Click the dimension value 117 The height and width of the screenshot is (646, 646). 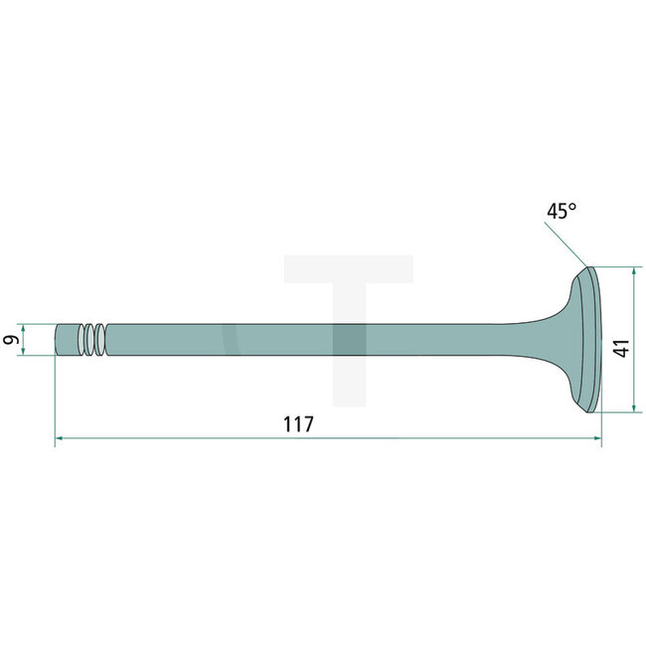coord(298,423)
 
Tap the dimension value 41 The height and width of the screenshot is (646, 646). coord(621,349)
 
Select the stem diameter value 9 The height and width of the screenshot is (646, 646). coord(11,340)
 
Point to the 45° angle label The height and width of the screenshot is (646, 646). coord(561,211)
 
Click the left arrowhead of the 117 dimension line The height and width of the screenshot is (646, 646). coord(59,436)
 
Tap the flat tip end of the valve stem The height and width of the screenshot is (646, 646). coord(56,340)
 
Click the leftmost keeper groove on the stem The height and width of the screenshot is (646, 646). coord(83,340)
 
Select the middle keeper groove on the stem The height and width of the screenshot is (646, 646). coord(92,340)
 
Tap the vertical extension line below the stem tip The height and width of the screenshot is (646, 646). coord(55,398)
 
